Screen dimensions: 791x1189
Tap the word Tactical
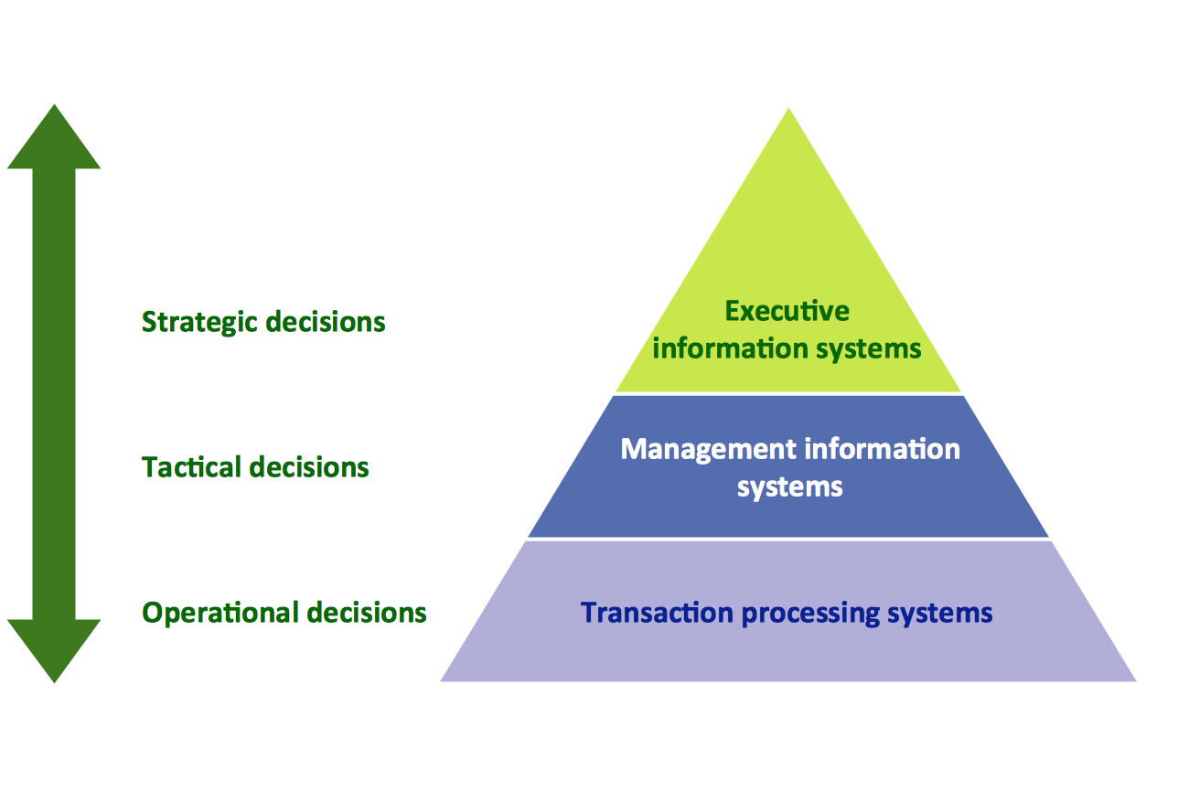191,467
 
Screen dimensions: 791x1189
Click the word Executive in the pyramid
787,311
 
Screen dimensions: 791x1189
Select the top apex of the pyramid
788,112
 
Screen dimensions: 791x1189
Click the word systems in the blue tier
789,487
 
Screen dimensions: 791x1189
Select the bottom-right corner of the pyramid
1133,679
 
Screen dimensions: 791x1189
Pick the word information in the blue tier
883,449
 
